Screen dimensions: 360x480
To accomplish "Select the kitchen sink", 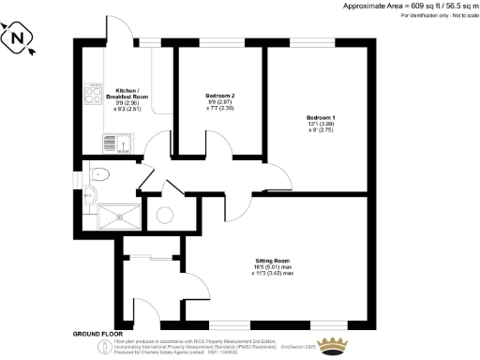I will click(122, 142).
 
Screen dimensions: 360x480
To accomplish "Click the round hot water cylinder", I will click(165, 215).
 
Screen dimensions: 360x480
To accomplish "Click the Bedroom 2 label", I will click(221, 96).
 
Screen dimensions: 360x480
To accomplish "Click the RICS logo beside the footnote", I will click(105, 346).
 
